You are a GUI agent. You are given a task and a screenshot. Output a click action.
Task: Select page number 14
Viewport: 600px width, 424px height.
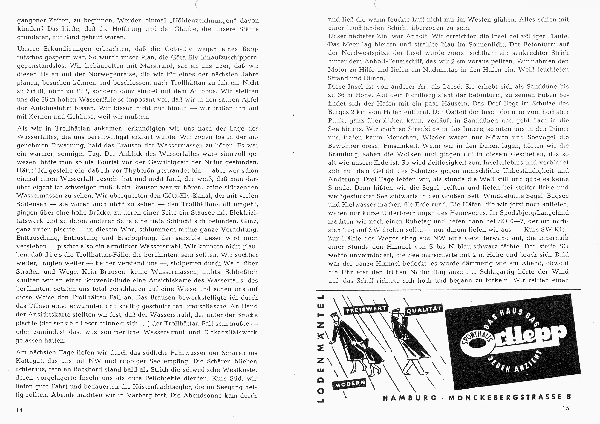click(x=19, y=410)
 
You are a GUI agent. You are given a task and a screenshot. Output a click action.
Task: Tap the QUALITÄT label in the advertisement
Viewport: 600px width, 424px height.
click(x=423, y=310)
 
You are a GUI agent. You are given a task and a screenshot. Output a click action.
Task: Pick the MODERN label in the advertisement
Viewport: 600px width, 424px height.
click(x=349, y=384)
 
